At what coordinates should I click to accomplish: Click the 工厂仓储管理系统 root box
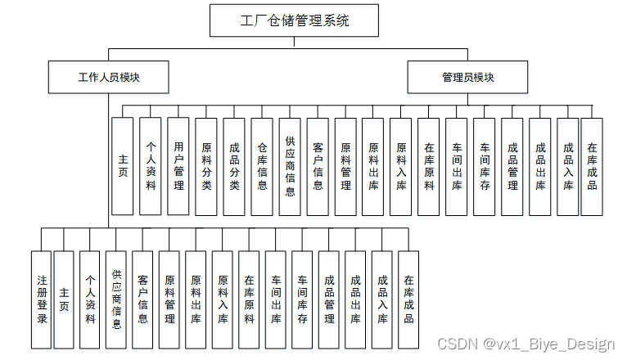[x=295, y=20]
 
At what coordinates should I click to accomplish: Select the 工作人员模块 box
[x=109, y=78]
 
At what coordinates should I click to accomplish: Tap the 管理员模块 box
[x=467, y=78]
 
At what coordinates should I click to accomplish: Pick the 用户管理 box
[x=178, y=166]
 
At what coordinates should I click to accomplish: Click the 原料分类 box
[x=206, y=166]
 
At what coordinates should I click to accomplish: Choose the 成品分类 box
[x=234, y=166]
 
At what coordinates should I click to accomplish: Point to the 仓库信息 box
[x=262, y=166]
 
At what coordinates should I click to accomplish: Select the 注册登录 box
[x=41, y=299]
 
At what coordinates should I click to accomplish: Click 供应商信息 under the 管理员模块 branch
[x=290, y=166]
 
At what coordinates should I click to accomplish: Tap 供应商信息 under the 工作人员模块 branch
[x=116, y=299]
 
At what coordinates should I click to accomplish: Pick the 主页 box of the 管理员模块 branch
[x=123, y=166]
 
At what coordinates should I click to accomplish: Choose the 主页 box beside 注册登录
[x=64, y=299]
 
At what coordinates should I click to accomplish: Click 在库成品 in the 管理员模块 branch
[x=592, y=166]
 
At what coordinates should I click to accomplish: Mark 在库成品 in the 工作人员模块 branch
[x=408, y=299]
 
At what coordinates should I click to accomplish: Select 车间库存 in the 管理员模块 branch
[x=485, y=166]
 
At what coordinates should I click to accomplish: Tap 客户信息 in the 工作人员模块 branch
[x=142, y=299]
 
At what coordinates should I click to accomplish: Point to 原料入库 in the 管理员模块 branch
[x=401, y=166]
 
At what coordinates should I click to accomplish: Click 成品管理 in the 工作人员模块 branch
[x=329, y=299]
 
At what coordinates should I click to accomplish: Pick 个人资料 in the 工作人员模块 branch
[x=90, y=299]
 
